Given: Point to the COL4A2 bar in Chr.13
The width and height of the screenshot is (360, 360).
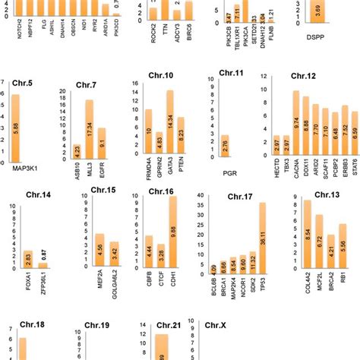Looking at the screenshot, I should pyautogui.click(x=307, y=235).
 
